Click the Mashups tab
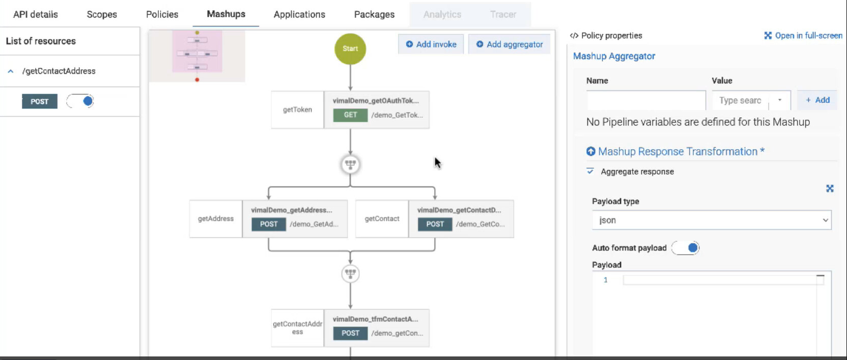click(x=226, y=14)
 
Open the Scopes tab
click(x=102, y=14)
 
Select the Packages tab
click(x=374, y=14)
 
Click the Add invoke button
click(x=431, y=44)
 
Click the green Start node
click(x=350, y=49)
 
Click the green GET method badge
click(x=350, y=115)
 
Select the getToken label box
click(x=297, y=109)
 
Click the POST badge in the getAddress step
click(x=269, y=224)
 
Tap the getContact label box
click(x=382, y=219)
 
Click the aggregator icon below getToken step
click(x=350, y=164)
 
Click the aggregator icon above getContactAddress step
click(x=350, y=273)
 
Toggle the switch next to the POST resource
click(x=81, y=101)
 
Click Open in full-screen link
click(x=803, y=36)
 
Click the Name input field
click(x=645, y=100)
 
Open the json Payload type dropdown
click(x=711, y=220)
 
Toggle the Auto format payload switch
click(x=686, y=248)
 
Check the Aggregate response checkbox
click(x=590, y=172)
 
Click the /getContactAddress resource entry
click(x=59, y=71)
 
